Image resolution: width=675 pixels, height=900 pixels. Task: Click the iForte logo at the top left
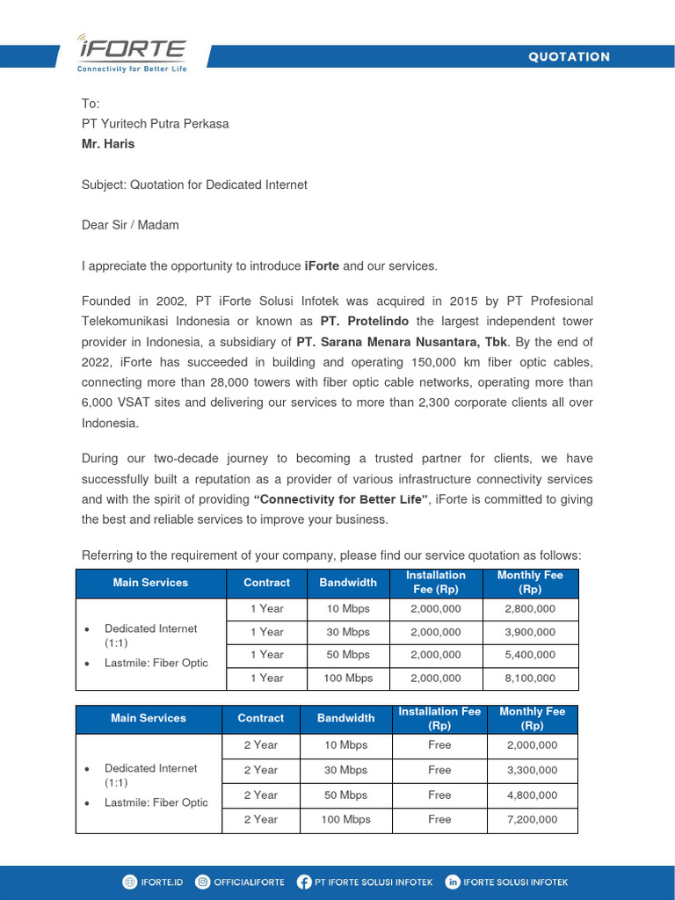point(131,54)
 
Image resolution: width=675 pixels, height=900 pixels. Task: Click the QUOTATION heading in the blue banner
point(569,57)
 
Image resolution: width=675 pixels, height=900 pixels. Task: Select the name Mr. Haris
point(108,144)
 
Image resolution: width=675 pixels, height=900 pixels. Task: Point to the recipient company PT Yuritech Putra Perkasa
point(155,124)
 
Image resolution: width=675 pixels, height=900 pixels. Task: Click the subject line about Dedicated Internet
point(194,185)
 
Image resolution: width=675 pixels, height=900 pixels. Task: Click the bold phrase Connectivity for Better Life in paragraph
point(341,499)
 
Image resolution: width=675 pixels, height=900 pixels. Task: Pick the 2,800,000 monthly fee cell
point(530,608)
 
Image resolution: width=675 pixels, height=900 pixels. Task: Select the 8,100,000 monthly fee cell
point(530,678)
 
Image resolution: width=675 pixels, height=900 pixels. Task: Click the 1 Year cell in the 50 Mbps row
point(266,655)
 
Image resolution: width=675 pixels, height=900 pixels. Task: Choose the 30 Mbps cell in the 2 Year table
point(345,770)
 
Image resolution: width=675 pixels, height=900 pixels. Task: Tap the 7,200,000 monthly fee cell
point(532,819)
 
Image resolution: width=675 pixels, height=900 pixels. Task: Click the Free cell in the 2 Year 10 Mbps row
point(439,745)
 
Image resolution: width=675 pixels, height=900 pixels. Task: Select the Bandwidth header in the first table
point(348,583)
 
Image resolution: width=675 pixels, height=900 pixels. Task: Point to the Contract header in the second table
point(261,718)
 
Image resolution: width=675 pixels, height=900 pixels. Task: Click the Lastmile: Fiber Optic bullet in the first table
point(156,663)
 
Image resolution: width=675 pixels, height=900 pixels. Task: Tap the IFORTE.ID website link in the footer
point(162,882)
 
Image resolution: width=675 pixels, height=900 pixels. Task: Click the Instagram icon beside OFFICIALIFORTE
point(203,882)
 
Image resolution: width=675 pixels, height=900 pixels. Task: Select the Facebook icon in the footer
point(304,882)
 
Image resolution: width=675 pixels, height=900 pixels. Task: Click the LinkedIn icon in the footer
point(453,882)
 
